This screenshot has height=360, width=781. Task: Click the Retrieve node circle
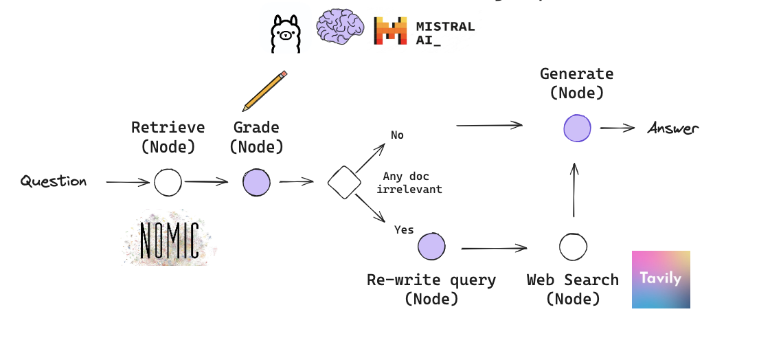tap(168, 183)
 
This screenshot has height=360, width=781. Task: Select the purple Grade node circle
tap(256, 183)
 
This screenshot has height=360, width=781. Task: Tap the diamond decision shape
tap(344, 182)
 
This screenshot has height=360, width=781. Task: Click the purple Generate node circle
tap(577, 128)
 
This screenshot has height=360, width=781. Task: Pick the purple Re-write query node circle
tap(431, 247)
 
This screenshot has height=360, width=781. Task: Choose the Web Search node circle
tap(573, 247)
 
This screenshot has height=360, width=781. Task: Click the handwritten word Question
tap(54, 181)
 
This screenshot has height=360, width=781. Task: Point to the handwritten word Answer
tap(672, 128)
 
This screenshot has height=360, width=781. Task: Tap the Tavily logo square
tap(661, 279)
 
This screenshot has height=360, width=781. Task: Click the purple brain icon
tap(340, 28)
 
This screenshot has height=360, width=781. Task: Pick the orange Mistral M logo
tap(390, 32)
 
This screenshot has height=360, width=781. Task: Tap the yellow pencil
tap(264, 91)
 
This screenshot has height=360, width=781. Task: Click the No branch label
tap(397, 135)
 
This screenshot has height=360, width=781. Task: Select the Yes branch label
tap(404, 229)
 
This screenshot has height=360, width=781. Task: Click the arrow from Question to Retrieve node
tap(128, 182)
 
